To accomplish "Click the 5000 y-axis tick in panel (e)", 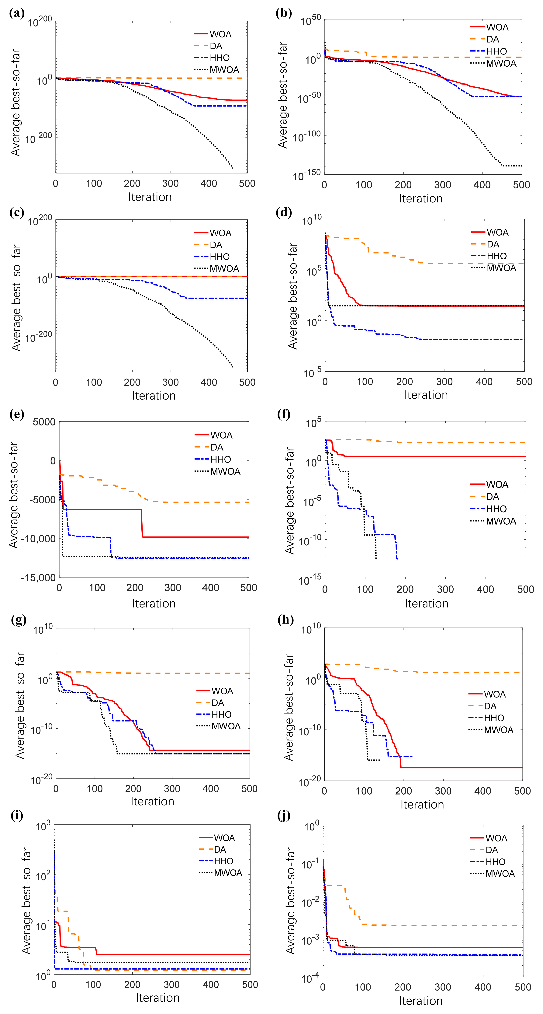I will [x=44, y=422].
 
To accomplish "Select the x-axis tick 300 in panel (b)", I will [x=443, y=185].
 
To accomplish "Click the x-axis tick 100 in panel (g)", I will [x=94, y=789].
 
